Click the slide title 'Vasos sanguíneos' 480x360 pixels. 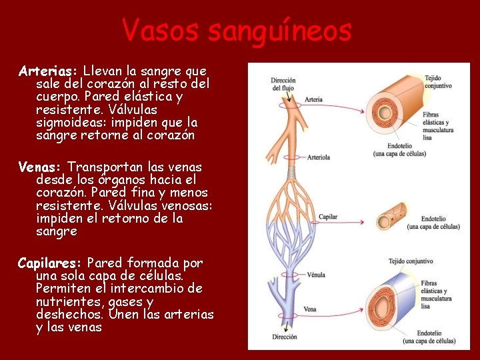[237, 30]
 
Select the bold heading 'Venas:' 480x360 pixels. [40, 167]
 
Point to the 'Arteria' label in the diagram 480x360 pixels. [313, 100]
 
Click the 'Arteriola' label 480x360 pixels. [318, 158]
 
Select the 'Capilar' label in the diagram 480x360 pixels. [328, 217]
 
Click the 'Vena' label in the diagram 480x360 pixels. [310, 309]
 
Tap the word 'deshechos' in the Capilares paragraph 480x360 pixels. [69, 314]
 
